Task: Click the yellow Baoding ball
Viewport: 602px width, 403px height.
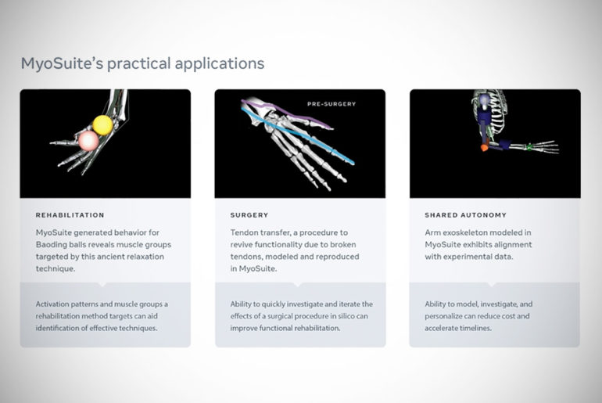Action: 103,125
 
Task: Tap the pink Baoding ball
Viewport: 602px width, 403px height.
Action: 88,141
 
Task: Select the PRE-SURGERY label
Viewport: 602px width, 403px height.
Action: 331,104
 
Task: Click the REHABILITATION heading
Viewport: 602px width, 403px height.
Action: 70,215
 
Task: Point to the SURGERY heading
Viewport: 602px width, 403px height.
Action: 249,215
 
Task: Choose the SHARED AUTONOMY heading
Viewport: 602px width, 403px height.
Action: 465,215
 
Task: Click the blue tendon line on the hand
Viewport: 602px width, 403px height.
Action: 298,135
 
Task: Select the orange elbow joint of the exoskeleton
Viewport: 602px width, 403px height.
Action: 484,147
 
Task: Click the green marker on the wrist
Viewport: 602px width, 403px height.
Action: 529,146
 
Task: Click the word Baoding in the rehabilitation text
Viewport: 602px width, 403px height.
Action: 52,245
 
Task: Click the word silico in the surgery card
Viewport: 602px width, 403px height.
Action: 346,316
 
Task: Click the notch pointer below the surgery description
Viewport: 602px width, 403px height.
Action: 297,284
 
